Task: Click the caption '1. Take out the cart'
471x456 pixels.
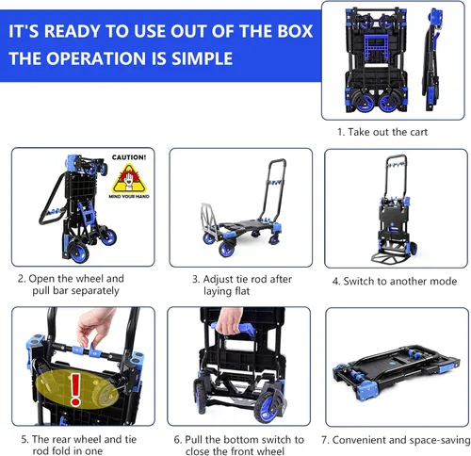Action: tap(382, 132)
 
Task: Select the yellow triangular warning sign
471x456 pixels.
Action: tap(129, 178)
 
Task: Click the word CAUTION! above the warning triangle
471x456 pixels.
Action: tap(129, 157)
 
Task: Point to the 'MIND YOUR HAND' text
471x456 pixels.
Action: tap(129, 197)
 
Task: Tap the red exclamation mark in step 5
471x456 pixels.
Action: tap(75, 389)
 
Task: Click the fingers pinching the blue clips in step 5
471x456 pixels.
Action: tap(93, 328)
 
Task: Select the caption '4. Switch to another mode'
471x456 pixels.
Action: tap(395, 281)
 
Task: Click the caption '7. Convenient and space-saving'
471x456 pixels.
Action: tap(396, 440)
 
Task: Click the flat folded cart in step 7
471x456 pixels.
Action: tap(397, 372)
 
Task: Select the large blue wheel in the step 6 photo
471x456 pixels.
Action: tap(270, 404)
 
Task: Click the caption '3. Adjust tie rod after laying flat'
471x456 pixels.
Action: tap(242, 285)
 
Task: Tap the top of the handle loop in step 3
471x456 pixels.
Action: tap(278, 161)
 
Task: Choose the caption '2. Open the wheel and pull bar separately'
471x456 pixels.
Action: tap(71, 285)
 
